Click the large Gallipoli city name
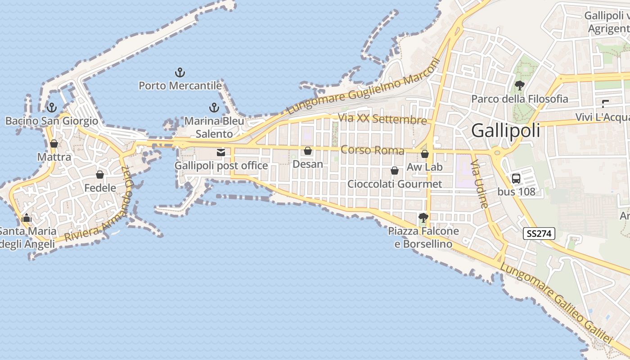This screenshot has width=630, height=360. click(x=505, y=130)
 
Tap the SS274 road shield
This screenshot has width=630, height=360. click(x=539, y=234)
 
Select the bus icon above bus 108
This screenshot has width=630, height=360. click(x=516, y=178)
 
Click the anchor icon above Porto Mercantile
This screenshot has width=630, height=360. click(x=180, y=72)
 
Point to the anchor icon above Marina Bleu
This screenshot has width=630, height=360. click(x=214, y=108)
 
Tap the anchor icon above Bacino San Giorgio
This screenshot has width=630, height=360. click(x=52, y=108)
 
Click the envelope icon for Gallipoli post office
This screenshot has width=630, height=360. click(x=221, y=153)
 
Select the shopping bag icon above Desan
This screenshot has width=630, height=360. click(x=308, y=151)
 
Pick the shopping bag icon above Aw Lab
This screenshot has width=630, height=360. click(x=424, y=154)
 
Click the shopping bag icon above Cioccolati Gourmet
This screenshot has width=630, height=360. click(x=395, y=171)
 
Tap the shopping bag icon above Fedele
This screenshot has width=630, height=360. click(x=100, y=175)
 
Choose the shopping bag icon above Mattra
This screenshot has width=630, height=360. click(x=54, y=144)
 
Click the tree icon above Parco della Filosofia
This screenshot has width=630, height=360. click(x=520, y=85)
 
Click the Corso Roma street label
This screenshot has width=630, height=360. click(x=372, y=150)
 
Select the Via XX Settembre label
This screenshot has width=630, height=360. click(x=382, y=119)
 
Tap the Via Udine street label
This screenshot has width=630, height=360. click(x=480, y=184)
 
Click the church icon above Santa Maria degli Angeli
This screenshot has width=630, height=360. click(x=27, y=218)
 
